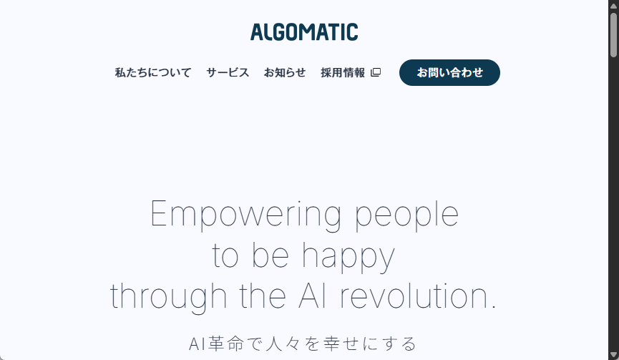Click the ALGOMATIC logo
point(304,32)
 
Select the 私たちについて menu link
point(153,72)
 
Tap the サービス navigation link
point(228,72)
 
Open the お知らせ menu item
point(285,72)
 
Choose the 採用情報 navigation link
point(343,72)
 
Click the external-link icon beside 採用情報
point(376,72)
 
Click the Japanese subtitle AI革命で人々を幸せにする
point(303,344)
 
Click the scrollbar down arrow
point(613,355)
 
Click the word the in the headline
point(247,296)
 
